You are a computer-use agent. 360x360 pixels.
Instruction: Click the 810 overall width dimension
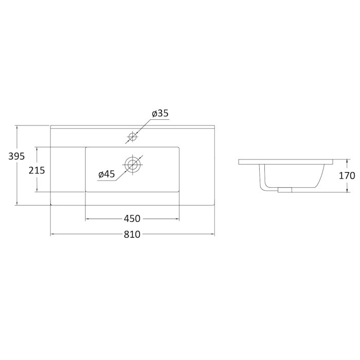[x=132, y=235]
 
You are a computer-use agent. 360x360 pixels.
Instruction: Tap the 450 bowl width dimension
[x=132, y=219]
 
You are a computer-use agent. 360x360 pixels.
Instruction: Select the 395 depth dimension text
[x=16, y=156]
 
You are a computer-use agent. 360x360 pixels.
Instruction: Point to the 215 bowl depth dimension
[x=37, y=170]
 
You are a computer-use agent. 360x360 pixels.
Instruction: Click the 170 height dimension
[x=347, y=176]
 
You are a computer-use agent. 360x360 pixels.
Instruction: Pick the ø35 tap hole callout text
[x=160, y=113]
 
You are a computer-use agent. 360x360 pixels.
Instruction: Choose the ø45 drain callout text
[x=106, y=174]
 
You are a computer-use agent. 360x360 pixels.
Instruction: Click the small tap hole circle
[x=133, y=137]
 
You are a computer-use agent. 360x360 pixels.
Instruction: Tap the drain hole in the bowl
[x=132, y=165]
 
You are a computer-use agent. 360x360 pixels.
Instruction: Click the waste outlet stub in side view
[x=285, y=190]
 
